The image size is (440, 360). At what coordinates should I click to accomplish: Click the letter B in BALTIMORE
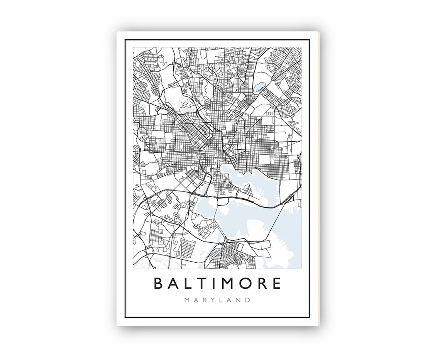click(159, 283)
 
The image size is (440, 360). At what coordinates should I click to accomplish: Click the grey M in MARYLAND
click(187, 300)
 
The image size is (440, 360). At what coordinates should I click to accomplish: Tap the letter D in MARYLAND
click(248, 300)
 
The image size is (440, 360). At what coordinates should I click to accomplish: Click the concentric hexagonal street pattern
click(242, 72)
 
